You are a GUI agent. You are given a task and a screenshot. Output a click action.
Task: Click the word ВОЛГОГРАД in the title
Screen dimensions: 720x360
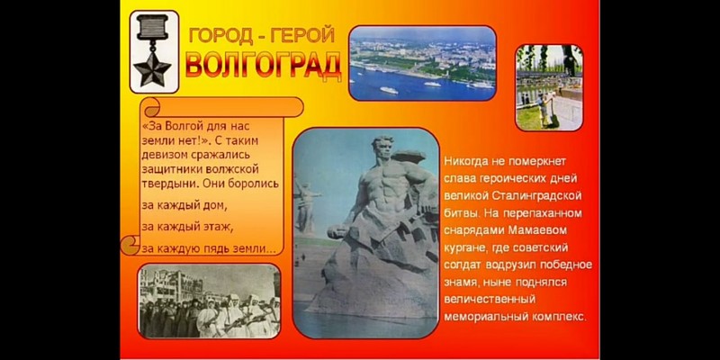click(264, 65)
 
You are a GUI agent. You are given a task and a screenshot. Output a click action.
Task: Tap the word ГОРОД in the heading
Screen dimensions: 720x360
click(218, 35)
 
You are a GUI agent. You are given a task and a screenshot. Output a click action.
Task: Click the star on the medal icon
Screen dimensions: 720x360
click(152, 68)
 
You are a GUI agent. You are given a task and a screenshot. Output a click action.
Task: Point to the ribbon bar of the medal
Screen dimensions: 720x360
click(153, 27)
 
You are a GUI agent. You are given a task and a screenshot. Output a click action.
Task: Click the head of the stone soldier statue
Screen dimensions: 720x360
click(382, 148)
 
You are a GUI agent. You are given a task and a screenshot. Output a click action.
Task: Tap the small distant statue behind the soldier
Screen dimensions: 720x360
click(304, 202)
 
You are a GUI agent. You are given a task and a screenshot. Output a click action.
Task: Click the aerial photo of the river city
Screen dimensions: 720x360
click(422, 63)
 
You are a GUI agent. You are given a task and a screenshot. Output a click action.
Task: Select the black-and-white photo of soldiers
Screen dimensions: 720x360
click(209, 301)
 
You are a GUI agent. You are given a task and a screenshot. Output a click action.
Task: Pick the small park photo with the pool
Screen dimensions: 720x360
click(549, 87)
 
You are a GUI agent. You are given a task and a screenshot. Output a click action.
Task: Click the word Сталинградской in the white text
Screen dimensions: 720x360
click(539, 196)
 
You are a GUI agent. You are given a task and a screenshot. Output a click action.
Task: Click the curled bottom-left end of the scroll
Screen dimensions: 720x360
click(130, 246)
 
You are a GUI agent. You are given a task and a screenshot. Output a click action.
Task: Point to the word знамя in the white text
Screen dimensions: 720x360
click(462, 283)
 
